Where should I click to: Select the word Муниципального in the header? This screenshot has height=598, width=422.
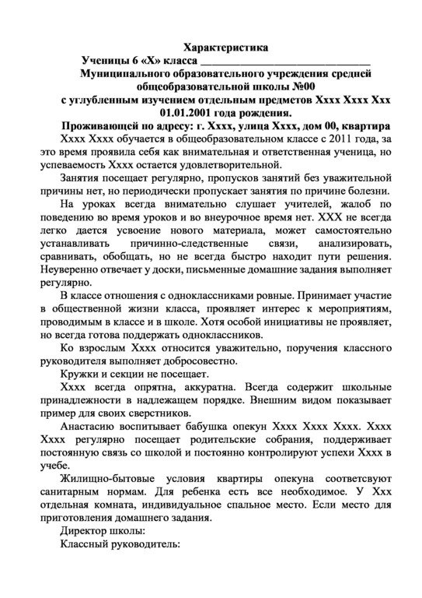(x=128, y=74)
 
